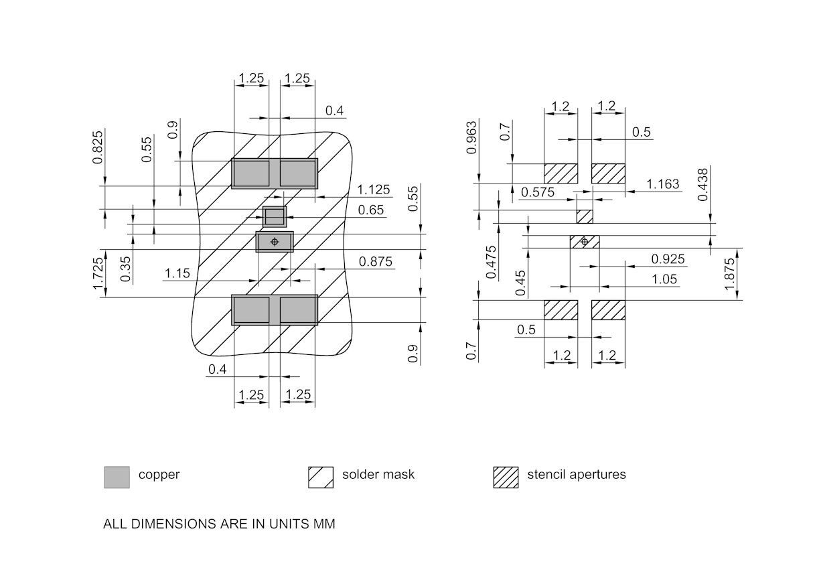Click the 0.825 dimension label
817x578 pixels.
pyautogui.click(x=98, y=147)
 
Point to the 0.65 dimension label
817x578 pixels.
pyautogui.click(x=371, y=210)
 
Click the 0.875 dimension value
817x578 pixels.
pyautogui.click(x=376, y=262)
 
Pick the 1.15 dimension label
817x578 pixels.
pyautogui.click(x=177, y=273)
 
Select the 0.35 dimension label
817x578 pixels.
pyautogui.click(x=126, y=268)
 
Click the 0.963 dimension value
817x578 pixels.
pyautogui.click(x=472, y=137)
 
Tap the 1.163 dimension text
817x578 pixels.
pyautogui.click(x=663, y=184)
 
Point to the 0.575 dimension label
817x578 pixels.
pyautogui.click(x=538, y=192)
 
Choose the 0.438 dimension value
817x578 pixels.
pyautogui.click(x=702, y=184)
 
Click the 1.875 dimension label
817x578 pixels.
pyautogui.click(x=730, y=273)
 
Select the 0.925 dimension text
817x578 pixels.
pyautogui.click(x=668, y=259)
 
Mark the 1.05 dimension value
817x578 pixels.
pyautogui.click(x=664, y=279)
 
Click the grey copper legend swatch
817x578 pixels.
pyautogui.click(x=117, y=477)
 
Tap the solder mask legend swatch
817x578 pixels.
pyautogui.click(x=320, y=477)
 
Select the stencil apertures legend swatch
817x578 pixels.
pyautogui.click(x=506, y=477)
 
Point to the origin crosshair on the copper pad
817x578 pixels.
pyautogui.click(x=274, y=241)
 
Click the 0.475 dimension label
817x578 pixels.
pyautogui.click(x=492, y=262)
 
